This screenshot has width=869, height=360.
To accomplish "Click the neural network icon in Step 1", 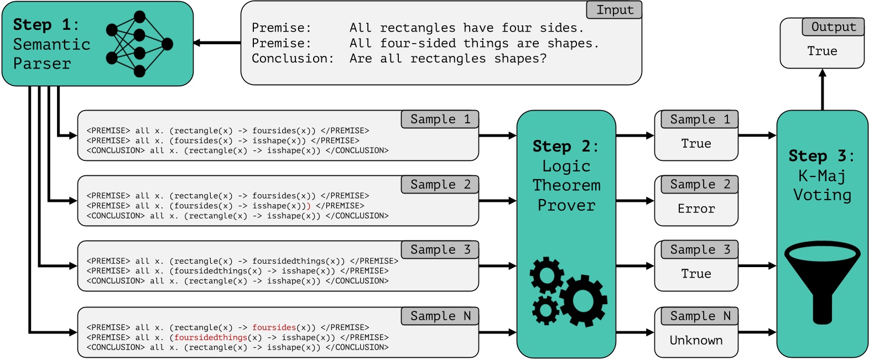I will (x=139, y=44).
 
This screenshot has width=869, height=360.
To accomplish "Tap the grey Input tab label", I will (x=614, y=10).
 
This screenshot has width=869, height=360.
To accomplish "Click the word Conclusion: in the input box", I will (x=293, y=59).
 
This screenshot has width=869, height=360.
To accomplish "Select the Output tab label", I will (x=833, y=27).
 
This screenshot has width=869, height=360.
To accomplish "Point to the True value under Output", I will (x=822, y=51).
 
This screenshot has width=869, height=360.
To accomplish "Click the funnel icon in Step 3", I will (x=822, y=282).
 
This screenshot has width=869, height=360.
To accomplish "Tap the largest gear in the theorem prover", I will (x=584, y=300).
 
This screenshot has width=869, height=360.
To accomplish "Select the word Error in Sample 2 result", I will (x=696, y=209).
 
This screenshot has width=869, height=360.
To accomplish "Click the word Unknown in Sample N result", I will (x=696, y=341).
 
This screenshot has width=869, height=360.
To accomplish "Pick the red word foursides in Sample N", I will (x=274, y=327).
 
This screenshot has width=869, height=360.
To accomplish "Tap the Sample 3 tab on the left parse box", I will (x=440, y=250).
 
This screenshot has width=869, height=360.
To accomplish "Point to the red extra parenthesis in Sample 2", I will (x=309, y=206).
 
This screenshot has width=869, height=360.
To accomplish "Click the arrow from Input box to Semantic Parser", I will (x=217, y=43).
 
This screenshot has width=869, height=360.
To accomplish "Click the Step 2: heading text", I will (x=565, y=147).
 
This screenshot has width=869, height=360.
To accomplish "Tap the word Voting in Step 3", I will (x=822, y=195).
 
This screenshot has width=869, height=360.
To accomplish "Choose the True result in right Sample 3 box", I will (x=696, y=274).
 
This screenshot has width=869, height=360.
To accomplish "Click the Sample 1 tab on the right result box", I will (x=699, y=119).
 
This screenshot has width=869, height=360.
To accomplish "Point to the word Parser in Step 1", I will (x=42, y=64).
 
